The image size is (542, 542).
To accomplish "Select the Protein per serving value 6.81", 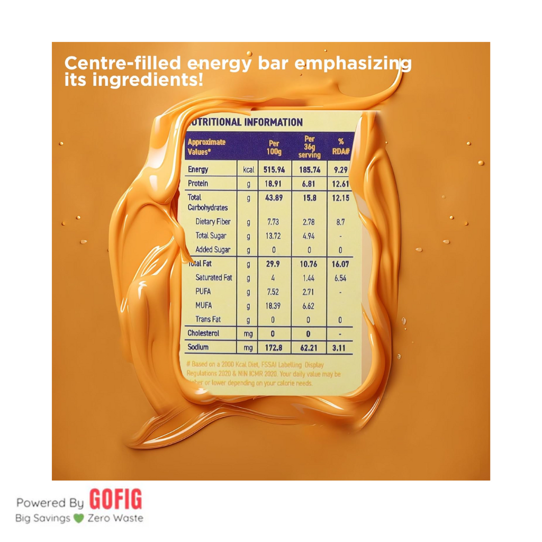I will click(x=310, y=184).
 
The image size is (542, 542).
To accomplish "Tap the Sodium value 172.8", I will click(x=274, y=347).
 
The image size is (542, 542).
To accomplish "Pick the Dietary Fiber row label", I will click(x=214, y=222).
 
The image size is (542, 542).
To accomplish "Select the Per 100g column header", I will click(x=274, y=147).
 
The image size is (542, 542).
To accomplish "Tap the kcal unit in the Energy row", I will click(x=248, y=170).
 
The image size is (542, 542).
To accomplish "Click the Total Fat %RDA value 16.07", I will click(x=340, y=264).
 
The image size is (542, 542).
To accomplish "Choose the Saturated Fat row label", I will click(x=214, y=277).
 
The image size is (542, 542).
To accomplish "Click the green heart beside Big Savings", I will click(x=79, y=518).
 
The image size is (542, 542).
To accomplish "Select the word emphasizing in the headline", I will click(x=353, y=65).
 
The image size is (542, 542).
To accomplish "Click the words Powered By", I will click(x=50, y=502).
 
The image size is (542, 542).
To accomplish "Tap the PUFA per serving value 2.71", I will click(x=310, y=292).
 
